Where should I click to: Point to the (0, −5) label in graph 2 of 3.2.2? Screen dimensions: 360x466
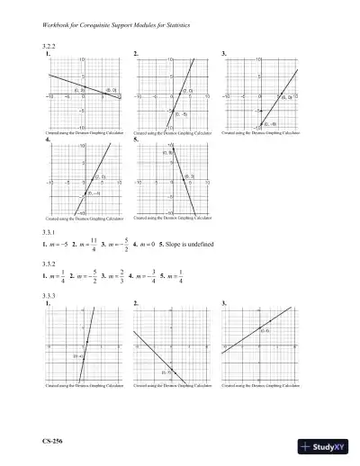[181, 115]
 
